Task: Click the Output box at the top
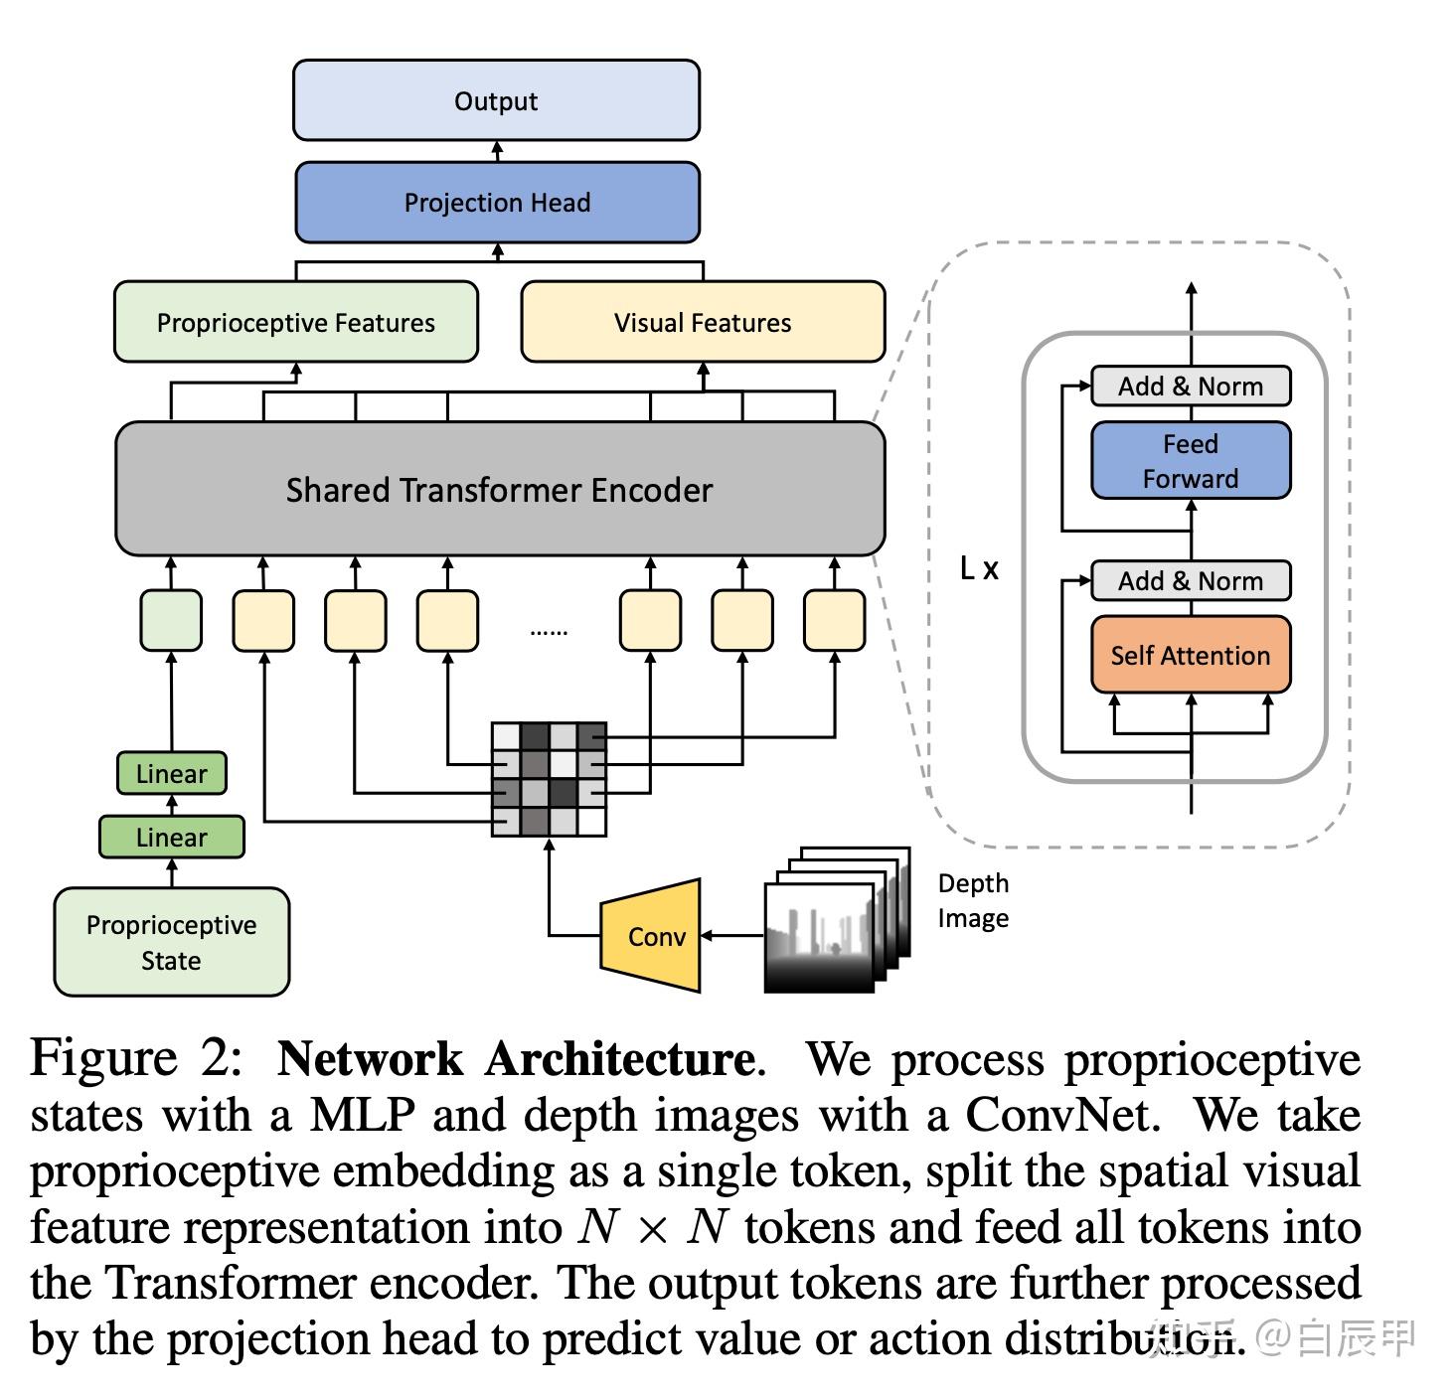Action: (x=496, y=100)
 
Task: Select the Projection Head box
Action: (x=497, y=203)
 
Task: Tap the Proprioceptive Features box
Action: (x=296, y=322)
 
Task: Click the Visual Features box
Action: (x=703, y=322)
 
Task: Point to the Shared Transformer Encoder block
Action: (x=500, y=489)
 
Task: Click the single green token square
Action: (x=171, y=621)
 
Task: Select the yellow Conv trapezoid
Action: (x=653, y=936)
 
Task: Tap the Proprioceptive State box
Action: (x=171, y=942)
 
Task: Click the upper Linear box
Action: (x=171, y=774)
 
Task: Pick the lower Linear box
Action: (x=171, y=838)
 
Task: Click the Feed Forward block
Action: (x=1191, y=461)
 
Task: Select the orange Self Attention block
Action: (x=1191, y=655)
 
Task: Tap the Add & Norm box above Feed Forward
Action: (x=1191, y=386)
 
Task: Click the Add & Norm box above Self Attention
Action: (x=1191, y=580)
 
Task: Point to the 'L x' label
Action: (x=979, y=568)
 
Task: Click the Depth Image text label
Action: (x=973, y=900)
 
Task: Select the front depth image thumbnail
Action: (x=819, y=938)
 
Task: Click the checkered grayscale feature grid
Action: (x=549, y=779)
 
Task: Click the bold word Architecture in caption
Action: (x=619, y=1059)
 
